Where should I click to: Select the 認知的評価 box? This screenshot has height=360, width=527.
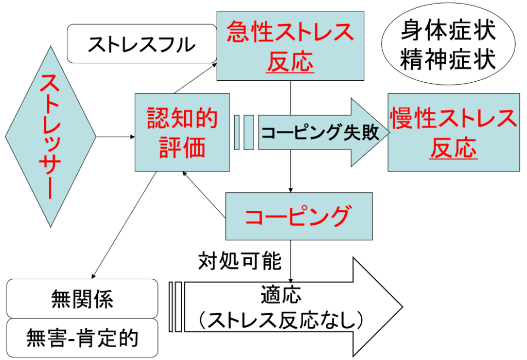click(182, 132)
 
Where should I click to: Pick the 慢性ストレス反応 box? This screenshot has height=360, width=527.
click(453, 132)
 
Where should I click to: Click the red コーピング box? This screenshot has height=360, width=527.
click(298, 216)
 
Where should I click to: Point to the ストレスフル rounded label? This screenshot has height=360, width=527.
click(142, 44)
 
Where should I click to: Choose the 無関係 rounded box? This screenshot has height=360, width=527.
click(82, 298)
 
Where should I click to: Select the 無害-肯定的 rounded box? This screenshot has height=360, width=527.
click(82, 338)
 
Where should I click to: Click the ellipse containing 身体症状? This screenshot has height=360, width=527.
click(448, 45)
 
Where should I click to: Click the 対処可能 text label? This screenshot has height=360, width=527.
click(240, 261)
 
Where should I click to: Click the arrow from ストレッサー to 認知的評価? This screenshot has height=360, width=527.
click(115, 137)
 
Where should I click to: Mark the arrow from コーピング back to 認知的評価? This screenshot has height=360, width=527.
click(205, 199)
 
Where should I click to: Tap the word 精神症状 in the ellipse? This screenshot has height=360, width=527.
click(448, 59)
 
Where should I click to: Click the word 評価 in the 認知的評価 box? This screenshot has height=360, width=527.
click(182, 148)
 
